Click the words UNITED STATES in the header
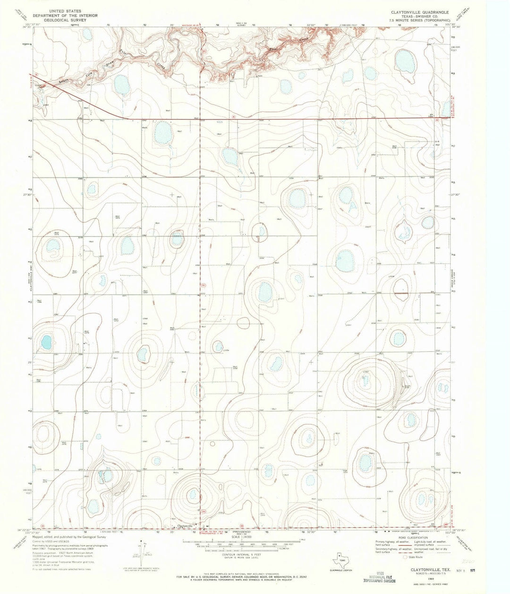point(68,10)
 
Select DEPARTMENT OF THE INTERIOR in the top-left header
point(67,15)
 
